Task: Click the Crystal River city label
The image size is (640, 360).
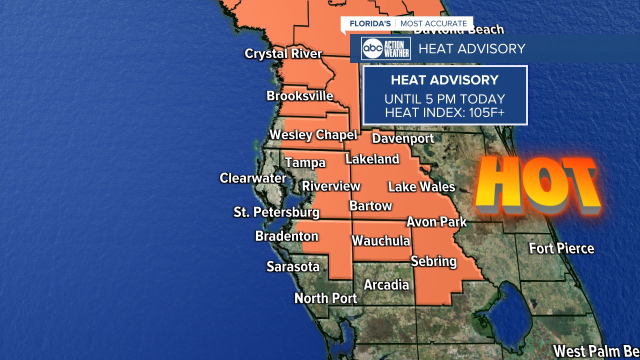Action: point(283,53)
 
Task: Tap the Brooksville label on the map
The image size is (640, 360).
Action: point(299,95)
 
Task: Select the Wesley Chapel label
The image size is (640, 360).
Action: point(313,134)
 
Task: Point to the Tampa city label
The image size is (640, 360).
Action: point(305,162)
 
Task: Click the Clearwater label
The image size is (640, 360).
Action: point(253,178)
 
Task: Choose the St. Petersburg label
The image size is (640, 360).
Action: point(276,212)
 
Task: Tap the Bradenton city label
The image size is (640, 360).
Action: point(286,236)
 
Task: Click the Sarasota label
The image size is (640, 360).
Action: point(292,267)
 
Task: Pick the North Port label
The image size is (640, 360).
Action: point(325,298)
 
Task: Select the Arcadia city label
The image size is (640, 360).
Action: point(386,285)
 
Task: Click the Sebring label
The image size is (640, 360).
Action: point(433,261)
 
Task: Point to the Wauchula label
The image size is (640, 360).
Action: point(380,241)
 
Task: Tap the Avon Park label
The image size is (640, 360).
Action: point(436,221)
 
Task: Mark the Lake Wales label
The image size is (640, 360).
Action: point(421,187)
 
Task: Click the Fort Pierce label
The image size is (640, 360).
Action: point(561,248)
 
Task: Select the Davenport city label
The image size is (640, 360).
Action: point(403,138)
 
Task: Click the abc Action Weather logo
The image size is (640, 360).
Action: point(386,48)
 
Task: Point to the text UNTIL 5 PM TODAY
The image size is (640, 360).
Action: point(444,99)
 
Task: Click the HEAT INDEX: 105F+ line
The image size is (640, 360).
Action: point(444,113)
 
